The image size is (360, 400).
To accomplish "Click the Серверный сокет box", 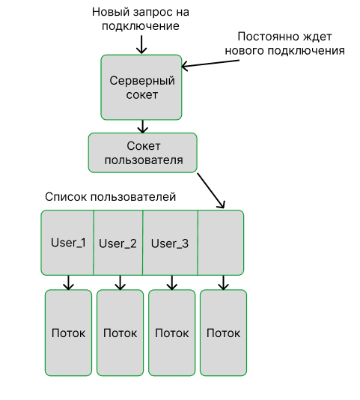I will (142, 87).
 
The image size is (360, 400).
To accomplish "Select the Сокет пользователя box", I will (142, 153).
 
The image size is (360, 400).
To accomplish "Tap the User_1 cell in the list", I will (67, 243).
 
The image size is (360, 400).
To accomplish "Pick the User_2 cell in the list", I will (118, 243).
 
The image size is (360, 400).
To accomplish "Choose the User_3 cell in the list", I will (170, 243).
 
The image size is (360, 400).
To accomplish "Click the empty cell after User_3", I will (221, 243).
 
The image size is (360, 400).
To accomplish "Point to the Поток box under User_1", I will (68, 333).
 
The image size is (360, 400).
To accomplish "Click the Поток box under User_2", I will (120, 333).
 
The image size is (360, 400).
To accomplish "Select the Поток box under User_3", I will (171, 333).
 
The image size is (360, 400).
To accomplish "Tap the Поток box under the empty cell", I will (223, 333).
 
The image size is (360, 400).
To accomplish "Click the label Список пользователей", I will (110, 198).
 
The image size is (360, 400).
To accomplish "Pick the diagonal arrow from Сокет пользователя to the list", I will (210, 191).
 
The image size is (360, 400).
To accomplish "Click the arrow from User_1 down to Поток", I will (68, 282).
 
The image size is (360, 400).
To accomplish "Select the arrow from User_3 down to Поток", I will (171, 282).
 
